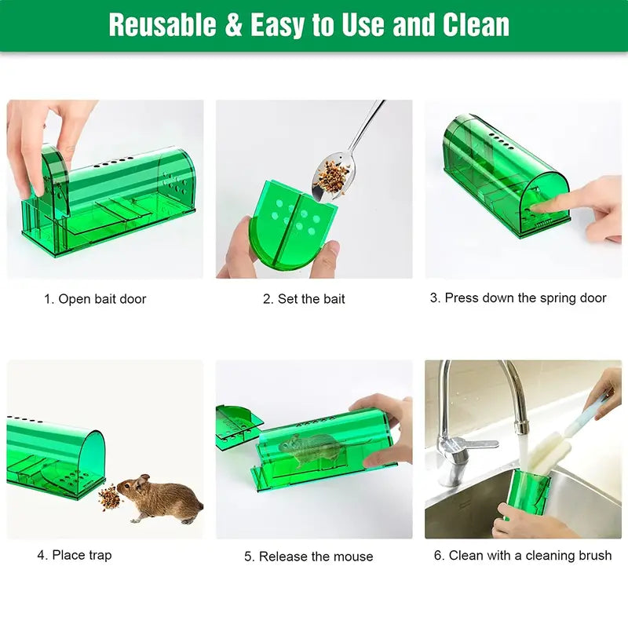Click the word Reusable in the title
[161, 25]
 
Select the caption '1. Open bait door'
[95, 299]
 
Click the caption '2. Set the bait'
[304, 299]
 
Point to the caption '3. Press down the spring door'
[518, 298]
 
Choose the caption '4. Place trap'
[75, 555]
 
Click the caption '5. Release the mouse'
[309, 557]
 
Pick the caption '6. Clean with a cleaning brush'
[523, 555]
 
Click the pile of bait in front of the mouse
[109, 498]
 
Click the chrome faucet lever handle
[471, 444]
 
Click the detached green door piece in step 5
[239, 425]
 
